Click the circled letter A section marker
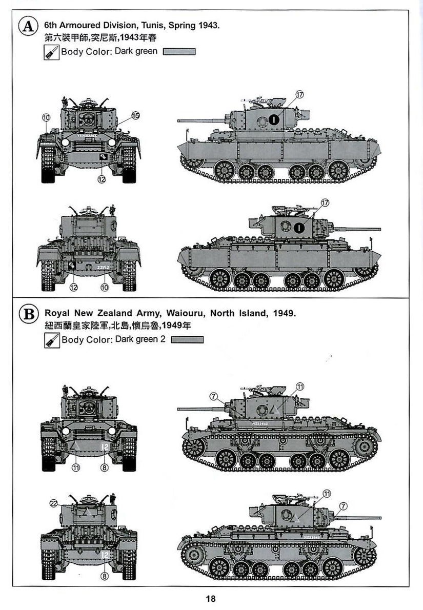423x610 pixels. click(27, 26)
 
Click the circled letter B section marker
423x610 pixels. click(27, 313)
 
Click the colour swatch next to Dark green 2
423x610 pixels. click(187, 339)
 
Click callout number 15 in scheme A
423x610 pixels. click(135, 116)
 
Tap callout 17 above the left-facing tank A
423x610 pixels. click(300, 94)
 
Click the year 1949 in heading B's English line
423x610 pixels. click(284, 312)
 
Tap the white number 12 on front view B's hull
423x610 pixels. click(105, 447)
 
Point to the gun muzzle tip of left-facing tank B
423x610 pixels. click(179, 409)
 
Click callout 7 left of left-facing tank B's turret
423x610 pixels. click(213, 395)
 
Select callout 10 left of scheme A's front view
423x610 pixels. click(46, 117)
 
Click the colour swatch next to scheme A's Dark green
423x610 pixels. click(179, 52)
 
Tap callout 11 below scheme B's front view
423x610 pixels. click(76, 467)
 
